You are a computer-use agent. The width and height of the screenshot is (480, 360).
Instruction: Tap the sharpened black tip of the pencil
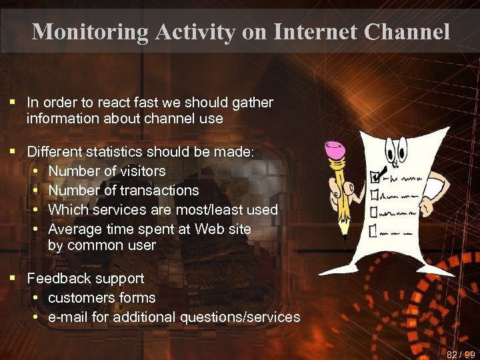(345, 235)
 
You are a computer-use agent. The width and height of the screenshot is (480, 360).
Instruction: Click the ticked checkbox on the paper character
(374, 177)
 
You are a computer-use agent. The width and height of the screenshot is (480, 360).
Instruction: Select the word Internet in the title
(306, 31)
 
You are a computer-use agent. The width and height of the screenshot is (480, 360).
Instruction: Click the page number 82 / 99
(461, 354)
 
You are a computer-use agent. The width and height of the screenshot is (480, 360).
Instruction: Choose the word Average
(73, 229)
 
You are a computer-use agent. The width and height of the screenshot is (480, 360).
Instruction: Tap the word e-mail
(68, 317)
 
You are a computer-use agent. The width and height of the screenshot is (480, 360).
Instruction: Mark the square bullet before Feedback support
(13, 278)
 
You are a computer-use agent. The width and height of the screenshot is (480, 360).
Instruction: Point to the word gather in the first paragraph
(252, 103)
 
